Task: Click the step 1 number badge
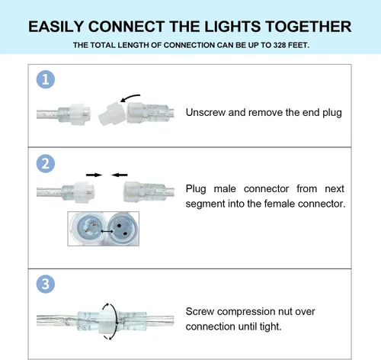pyautogui.click(x=46, y=79)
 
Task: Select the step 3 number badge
pyautogui.click(x=46, y=284)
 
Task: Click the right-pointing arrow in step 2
pyautogui.click(x=94, y=175)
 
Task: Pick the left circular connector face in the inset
pyautogui.click(x=88, y=227)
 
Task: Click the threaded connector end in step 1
pyautogui.click(x=137, y=114)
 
